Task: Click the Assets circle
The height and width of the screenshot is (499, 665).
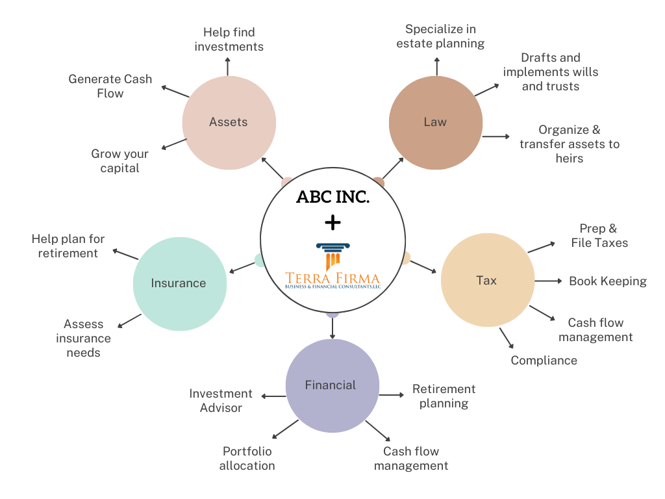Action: click(x=229, y=122)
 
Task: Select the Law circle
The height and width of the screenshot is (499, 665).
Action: click(x=435, y=122)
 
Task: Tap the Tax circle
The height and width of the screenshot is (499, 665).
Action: click(x=487, y=281)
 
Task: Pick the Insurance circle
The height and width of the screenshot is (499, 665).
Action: click(x=179, y=283)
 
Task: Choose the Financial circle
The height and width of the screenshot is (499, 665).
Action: click(x=331, y=385)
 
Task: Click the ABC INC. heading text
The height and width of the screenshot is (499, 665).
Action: click(x=332, y=197)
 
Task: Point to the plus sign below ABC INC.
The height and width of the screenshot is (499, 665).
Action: click(x=332, y=223)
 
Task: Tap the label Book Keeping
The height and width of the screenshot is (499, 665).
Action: click(x=607, y=281)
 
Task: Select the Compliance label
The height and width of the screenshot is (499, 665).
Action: click(x=544, y=361)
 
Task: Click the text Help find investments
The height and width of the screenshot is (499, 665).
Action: click(x=229, y=39)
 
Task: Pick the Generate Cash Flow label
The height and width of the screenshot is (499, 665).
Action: click(x=110, y=86)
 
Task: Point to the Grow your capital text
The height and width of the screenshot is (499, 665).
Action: click(x=119, y=161)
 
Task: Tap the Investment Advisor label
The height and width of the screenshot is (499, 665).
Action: click(x=221, y=401)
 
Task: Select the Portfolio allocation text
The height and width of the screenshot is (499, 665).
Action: click(x=247, y=458)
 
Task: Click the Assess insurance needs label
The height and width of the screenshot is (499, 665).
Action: click(x=83, y=339)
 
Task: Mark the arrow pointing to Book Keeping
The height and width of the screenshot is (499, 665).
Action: click(x=549, y=281)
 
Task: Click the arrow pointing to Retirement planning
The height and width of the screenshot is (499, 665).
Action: click(x=392, y=394)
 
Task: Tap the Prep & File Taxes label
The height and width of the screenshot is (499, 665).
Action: click(x=599, y=236)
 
